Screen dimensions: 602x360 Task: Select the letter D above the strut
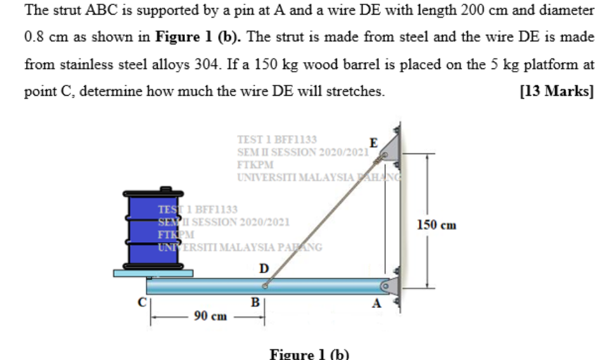(264, 269)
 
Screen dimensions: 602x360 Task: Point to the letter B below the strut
(255, 302)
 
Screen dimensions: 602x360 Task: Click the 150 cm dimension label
(437, 225)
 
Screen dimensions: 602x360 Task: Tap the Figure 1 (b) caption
(309, 353)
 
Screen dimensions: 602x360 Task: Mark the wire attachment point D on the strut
(265, 286)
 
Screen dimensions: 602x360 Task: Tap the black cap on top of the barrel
(166, 189)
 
